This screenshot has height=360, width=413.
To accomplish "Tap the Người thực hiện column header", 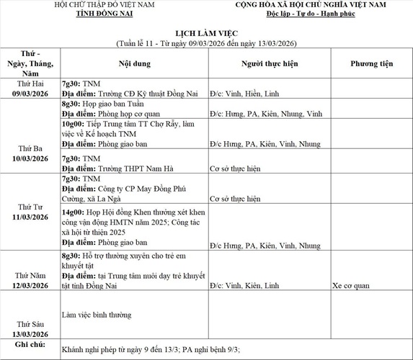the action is (x=268, y=63).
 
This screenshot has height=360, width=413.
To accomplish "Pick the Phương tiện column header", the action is (x=371, y=63).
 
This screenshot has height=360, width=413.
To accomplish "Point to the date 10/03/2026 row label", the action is (x=30, y=158).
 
